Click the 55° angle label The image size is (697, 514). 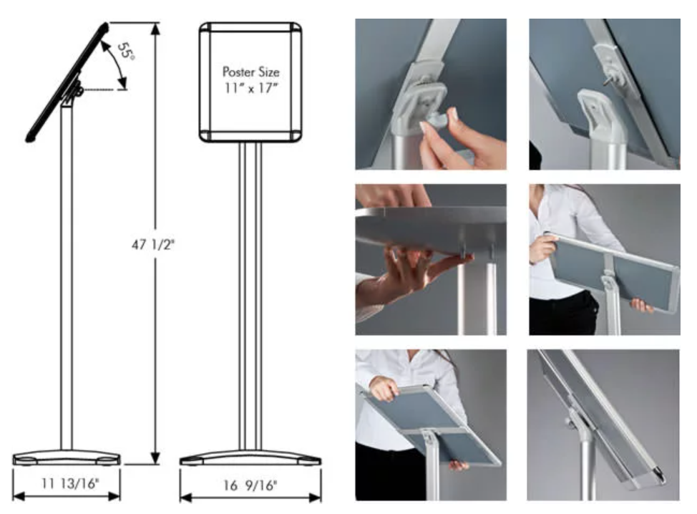[x=126, y=51]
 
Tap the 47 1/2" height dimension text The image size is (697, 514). [x=153, y=244]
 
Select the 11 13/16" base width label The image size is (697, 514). [x=70, y=483]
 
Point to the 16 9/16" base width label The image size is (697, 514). [x=250, y=485]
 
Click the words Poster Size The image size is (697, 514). [x=250, y=72]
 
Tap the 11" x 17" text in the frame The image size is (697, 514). [x=250, y=87]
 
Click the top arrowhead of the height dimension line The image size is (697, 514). [x=155, y=29]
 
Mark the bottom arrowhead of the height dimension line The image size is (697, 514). [x=155, y=457]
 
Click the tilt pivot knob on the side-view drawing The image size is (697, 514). [x=79, y=91]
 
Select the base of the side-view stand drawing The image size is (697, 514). [x=67, y=458]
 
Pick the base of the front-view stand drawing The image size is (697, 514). [x=250, y=458]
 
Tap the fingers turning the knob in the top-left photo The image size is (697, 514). [x=440, y=133]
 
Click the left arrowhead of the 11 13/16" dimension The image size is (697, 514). [x=18, y=496]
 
